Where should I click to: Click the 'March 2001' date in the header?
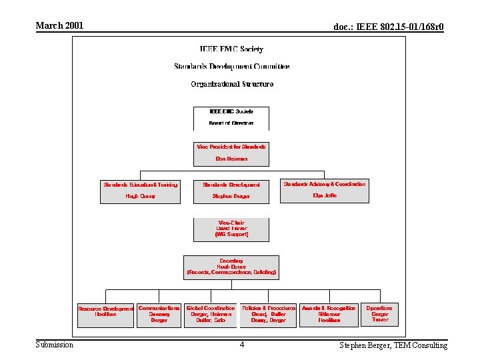59,26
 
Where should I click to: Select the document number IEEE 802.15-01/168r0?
388,27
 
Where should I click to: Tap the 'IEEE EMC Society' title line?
231,49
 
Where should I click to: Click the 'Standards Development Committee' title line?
231,67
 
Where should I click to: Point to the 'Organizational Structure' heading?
231,84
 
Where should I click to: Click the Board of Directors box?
231,118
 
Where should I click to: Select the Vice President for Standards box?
231,153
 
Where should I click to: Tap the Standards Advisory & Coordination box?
325,191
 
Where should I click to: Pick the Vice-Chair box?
231,229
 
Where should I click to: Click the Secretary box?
231,267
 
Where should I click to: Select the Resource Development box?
105,315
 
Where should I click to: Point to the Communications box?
159,315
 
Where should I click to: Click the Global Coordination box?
211,315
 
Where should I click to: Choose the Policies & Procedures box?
268,315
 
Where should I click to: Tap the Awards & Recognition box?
329,315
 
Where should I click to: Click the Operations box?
379,314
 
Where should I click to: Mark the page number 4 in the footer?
242,345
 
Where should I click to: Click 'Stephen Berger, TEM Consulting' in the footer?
393,345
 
